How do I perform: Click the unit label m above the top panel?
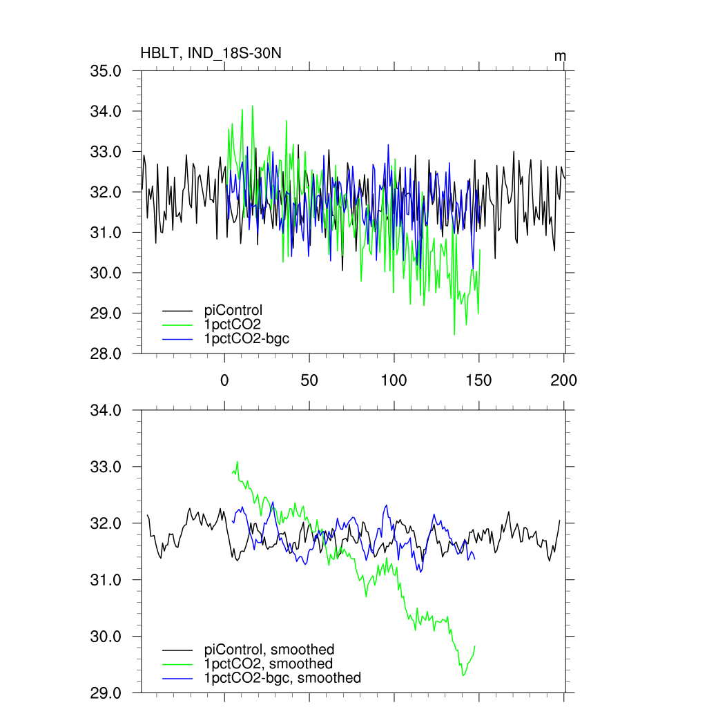pos(561,55)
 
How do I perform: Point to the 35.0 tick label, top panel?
pos(106,70)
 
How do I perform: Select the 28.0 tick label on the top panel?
pos(106,353)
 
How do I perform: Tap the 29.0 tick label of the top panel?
pos(106,313)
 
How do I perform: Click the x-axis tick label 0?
pos(224,380)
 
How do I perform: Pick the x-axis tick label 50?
pos(309,380)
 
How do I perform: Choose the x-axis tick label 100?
pos(394,380)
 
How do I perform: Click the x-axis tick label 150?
pos(479,380)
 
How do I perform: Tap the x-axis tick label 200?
pos(564,380)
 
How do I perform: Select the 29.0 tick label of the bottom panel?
pos(106,692)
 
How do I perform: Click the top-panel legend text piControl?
pos(233,310)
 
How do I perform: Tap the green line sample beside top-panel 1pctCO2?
pos(177,325)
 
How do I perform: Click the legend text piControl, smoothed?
pos(269,650)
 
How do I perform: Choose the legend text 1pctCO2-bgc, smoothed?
pos(282,678)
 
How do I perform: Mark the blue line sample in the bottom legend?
pos(177,679)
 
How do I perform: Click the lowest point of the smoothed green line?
pos(463,675)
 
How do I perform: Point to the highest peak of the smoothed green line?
pos(237,462)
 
